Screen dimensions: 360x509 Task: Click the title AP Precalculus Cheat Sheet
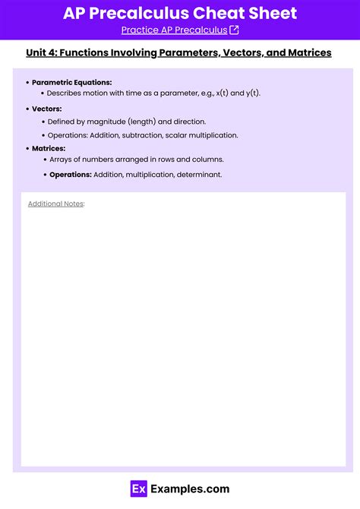click(180, 13)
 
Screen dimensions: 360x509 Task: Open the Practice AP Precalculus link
click(174, 30)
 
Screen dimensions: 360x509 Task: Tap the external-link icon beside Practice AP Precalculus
click(234, 30)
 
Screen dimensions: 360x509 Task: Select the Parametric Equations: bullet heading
click(71, 82)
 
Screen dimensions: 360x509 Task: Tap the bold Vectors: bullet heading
click(47, 109)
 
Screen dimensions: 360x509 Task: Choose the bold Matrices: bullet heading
click(49, 148)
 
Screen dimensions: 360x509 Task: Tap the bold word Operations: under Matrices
click(70, 175)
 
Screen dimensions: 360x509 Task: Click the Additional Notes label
click(55, 204)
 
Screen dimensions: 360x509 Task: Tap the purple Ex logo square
click(138, 489)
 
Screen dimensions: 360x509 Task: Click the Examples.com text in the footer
click(190, 489)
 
